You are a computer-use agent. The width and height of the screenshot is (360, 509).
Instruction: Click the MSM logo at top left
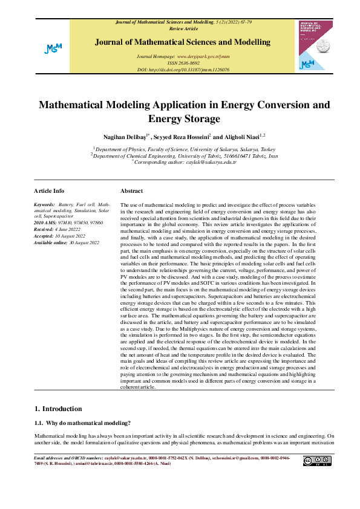pyautogui.click(x=53, y=48)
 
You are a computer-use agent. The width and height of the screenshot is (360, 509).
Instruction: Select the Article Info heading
pyautogui.click(x=49, y=190)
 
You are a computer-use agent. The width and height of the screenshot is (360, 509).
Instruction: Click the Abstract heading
pyautogui.click(x=131, y=190)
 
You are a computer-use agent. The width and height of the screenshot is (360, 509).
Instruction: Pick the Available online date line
pyautogui.click(x=67, y=242)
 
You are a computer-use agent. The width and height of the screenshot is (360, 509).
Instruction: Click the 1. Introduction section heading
pyautogui.click(x=58, y=409)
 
